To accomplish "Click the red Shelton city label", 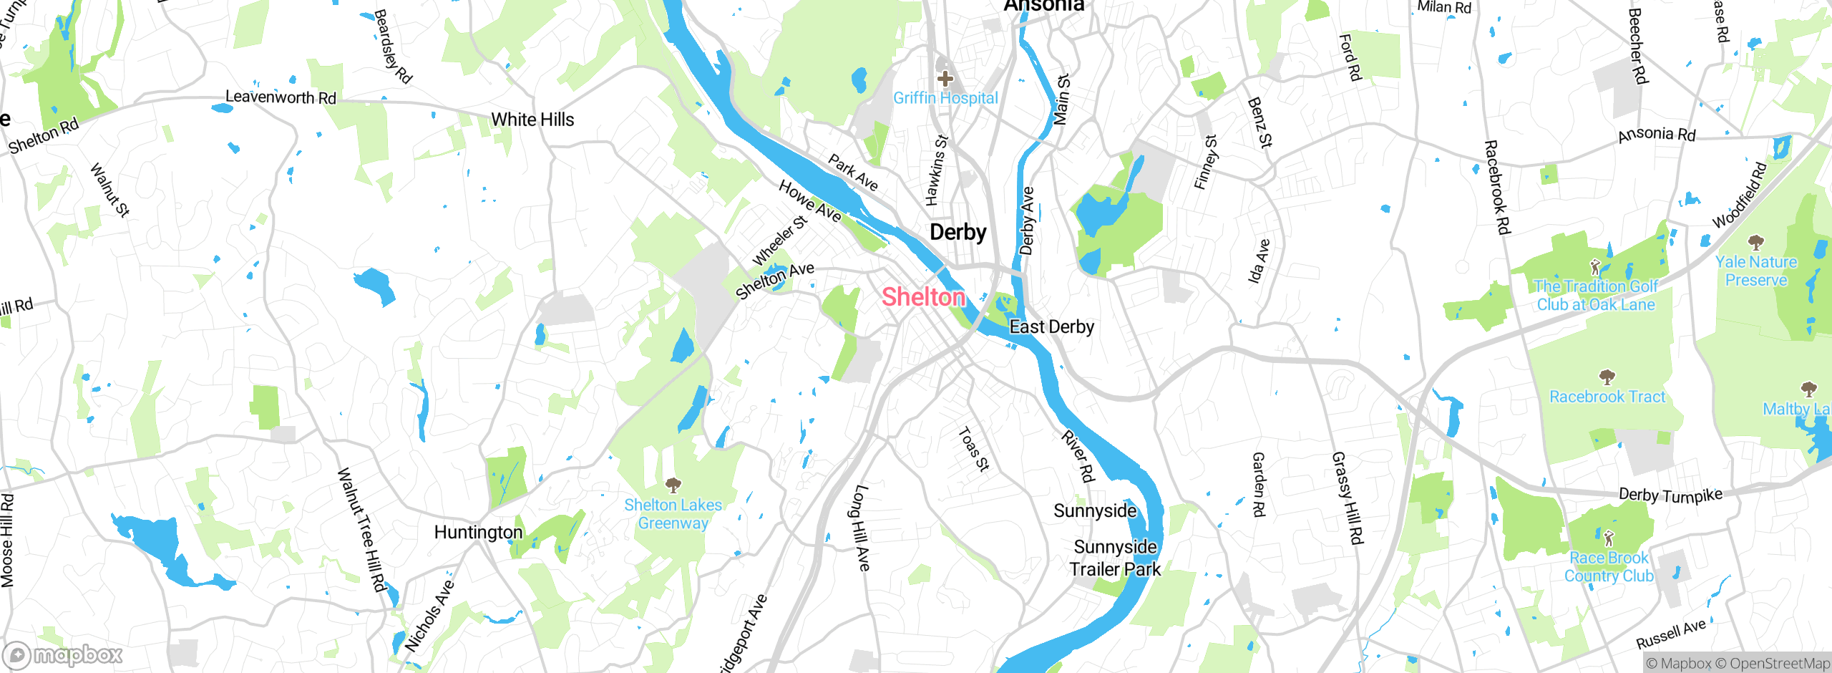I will [x=923, y=297].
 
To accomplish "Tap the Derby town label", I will [x=958, y=233].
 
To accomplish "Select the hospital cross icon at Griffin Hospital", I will [x=945, y=78].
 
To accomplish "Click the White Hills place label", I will [x=532, y=120].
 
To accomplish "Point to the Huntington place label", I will [x=478, y=533].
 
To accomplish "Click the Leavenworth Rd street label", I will [x=281, y=97].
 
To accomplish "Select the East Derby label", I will [x=1051, y=327].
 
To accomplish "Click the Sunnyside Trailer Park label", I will [x=1115, y=558].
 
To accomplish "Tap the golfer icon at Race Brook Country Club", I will [x=1609, y=538].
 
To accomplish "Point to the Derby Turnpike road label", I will [x=1670, y=495].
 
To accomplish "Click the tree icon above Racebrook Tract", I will [x=1607, y=377].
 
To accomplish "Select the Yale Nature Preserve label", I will [x=1756, y=271].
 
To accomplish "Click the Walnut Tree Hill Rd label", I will [x=362, y=530].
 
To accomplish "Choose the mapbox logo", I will [x=63, y=655].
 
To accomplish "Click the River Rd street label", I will [x=1078, y=456].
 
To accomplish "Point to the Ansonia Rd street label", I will [x=1657, y=134].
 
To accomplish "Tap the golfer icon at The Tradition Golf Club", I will [x=1595, y=268].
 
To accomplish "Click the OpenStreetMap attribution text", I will [x=1779, y=664].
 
